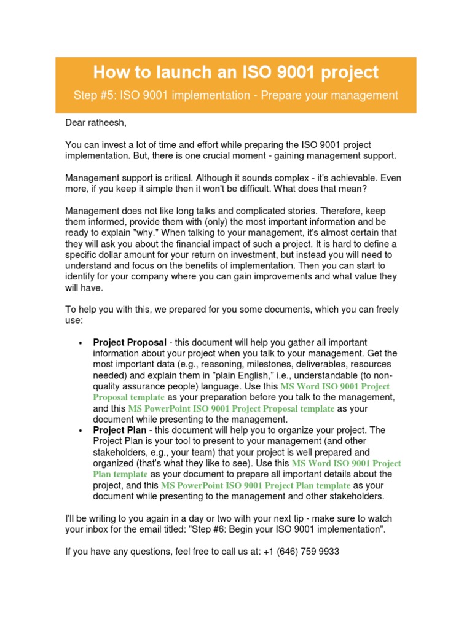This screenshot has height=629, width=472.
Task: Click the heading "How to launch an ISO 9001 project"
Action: click(236, 72)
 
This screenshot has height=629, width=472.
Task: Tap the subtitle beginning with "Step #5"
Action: click(236, 95)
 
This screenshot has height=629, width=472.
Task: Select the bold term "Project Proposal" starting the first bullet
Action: click(130, 342)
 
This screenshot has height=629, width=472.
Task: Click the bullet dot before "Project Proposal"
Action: click(81, 343)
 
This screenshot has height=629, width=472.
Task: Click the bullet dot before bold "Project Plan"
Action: click(81, 431)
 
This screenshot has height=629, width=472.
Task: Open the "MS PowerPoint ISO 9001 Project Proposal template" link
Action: click(231, 408)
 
